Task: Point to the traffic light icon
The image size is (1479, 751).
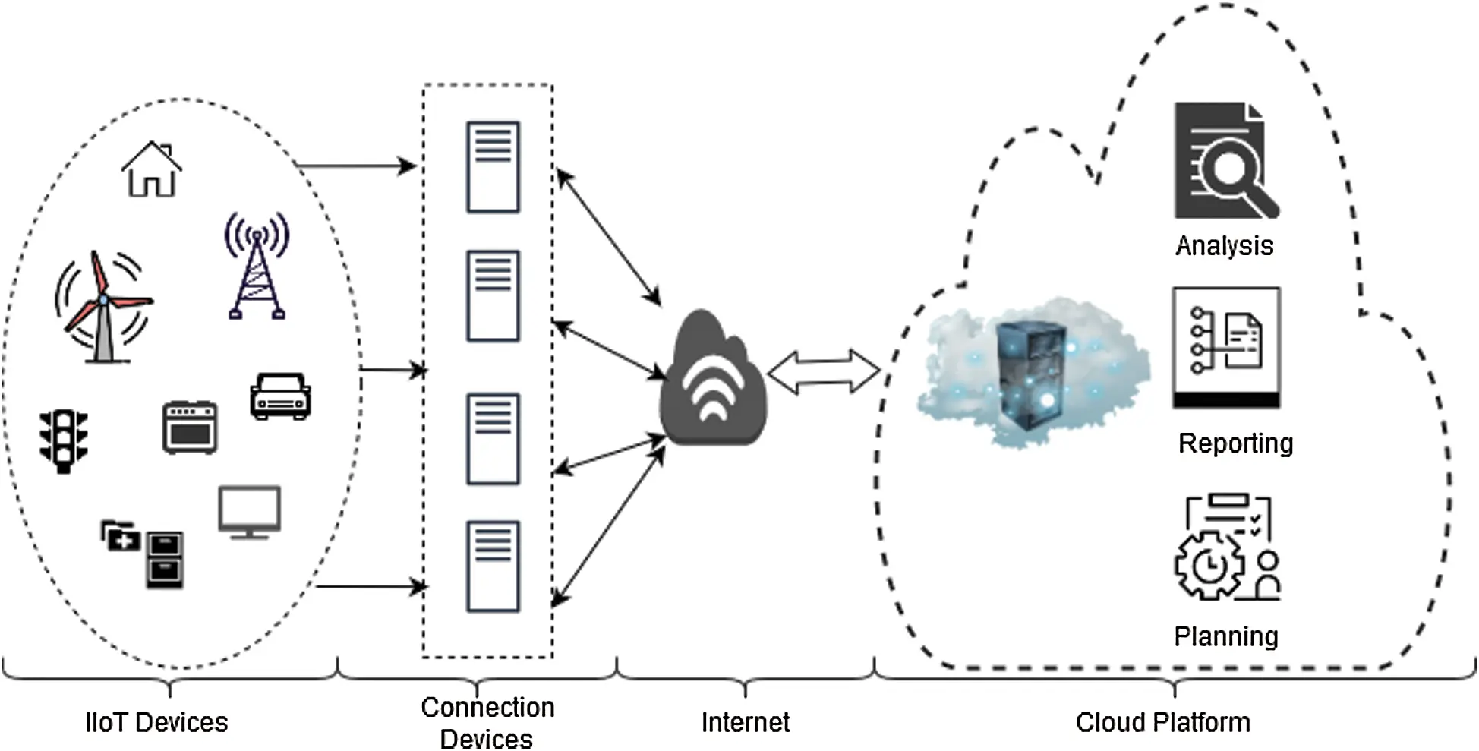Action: click(x=64, y=440)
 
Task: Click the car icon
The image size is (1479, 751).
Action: click(x=280, y=396)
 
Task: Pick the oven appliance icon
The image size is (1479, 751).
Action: click(x=190, y=428)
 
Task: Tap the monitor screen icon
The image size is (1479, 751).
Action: click(x=250, y=511)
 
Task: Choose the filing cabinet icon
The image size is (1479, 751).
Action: click(x=165, y=560)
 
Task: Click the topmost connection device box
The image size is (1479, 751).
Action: click(x=493, y=167)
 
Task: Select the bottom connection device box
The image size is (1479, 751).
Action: click(x=493, y=566)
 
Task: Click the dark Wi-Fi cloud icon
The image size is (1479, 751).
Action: click(x=712, y=380)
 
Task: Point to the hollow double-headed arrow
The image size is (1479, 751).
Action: click(x=824, y=371)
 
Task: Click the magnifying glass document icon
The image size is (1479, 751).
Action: click(x=1224, y=161)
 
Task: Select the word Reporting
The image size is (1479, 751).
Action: click(x=1235, y=443)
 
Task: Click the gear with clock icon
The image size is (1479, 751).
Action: click(x=1209, y=566)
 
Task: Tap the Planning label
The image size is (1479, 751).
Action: click(x=1225, y=636)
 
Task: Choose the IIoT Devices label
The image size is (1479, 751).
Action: click(x=156, y=722)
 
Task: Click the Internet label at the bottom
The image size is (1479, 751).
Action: click(x=745, y=722)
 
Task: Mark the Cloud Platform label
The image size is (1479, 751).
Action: click(x=1162, y=722)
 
